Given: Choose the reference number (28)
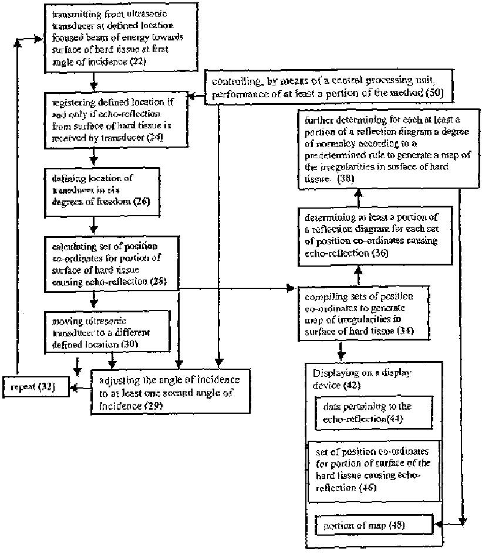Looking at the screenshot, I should point(157,281).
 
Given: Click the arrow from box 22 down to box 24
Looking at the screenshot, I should point(93,81).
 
